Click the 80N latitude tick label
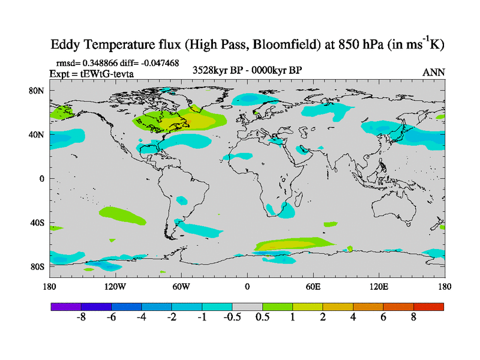click(39, 91)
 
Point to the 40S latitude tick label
click(39, 223)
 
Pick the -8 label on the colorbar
click(81, 317)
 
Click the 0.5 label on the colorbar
click(262, 317)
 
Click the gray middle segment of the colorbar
click(247, 307)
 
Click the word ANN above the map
click(434, 72)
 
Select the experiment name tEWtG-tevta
click(108, 73)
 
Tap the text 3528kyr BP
click(215, 70)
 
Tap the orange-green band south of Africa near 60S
click(288, 244)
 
